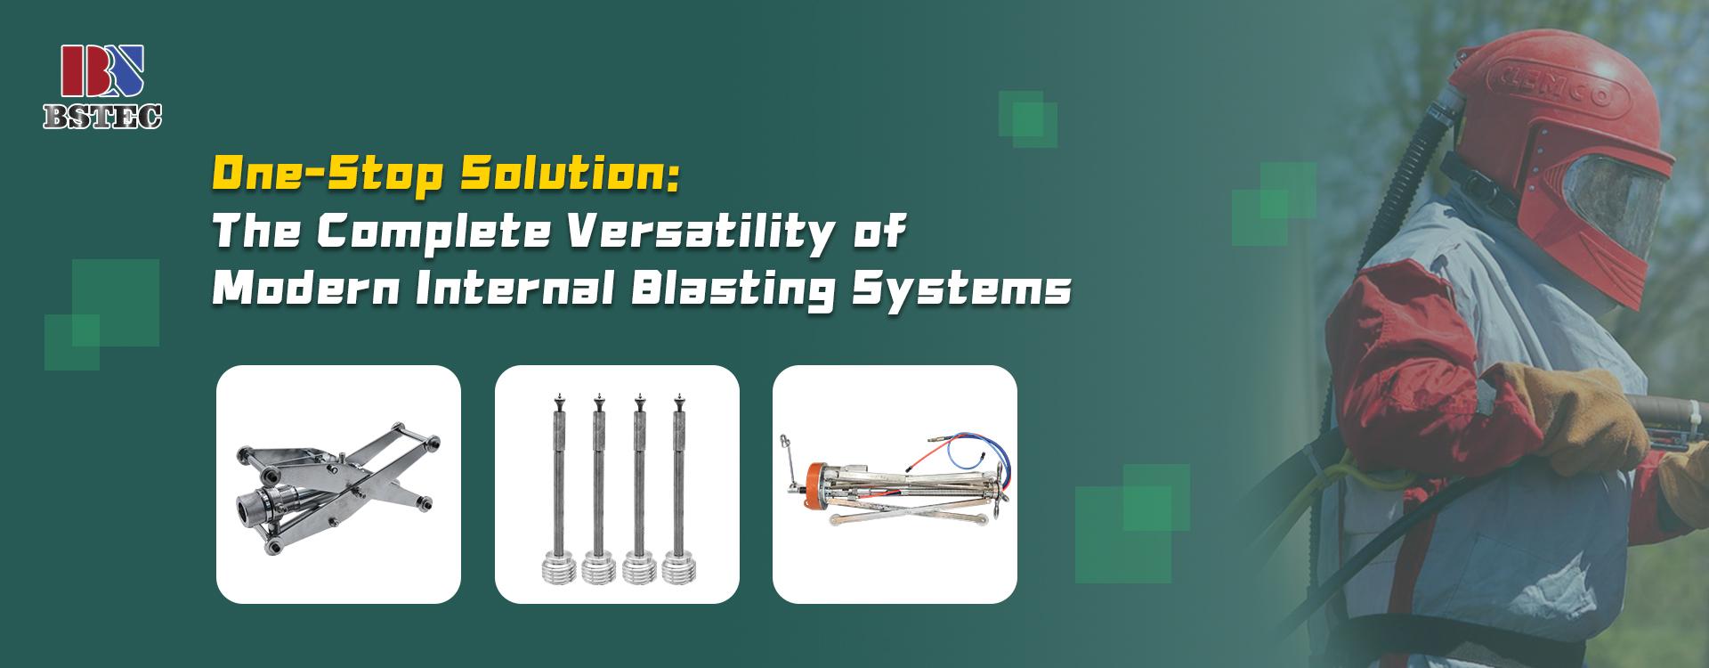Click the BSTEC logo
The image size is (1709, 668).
102,88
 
